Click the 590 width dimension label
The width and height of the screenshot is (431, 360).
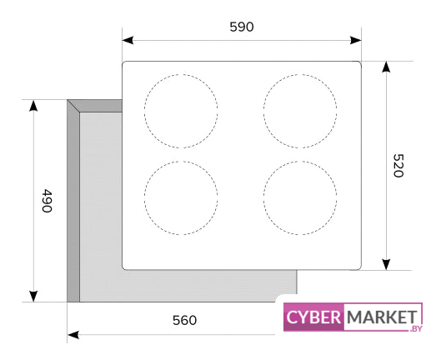(242, 27)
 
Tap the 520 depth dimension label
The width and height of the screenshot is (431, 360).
(398, 166)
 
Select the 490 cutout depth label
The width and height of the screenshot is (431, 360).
(47, 201)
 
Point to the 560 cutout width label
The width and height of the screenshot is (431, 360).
(184, 320)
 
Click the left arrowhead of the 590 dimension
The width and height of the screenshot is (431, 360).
(128, 40)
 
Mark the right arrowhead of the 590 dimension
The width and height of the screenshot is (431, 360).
(356, 40)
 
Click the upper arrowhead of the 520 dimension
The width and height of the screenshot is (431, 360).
(386, 67)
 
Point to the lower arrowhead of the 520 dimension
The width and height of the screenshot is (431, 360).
(386, 264)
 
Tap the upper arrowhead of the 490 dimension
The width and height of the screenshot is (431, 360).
(33, 106)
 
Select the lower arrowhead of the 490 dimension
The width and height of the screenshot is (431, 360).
(33, 296)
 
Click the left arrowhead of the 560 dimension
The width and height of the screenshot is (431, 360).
(73, 335)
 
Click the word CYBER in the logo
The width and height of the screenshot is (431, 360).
(313, 317)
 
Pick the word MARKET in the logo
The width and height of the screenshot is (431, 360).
(382, 317)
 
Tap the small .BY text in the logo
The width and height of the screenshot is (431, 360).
(416, 328)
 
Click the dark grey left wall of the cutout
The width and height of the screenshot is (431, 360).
(73, 203)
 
